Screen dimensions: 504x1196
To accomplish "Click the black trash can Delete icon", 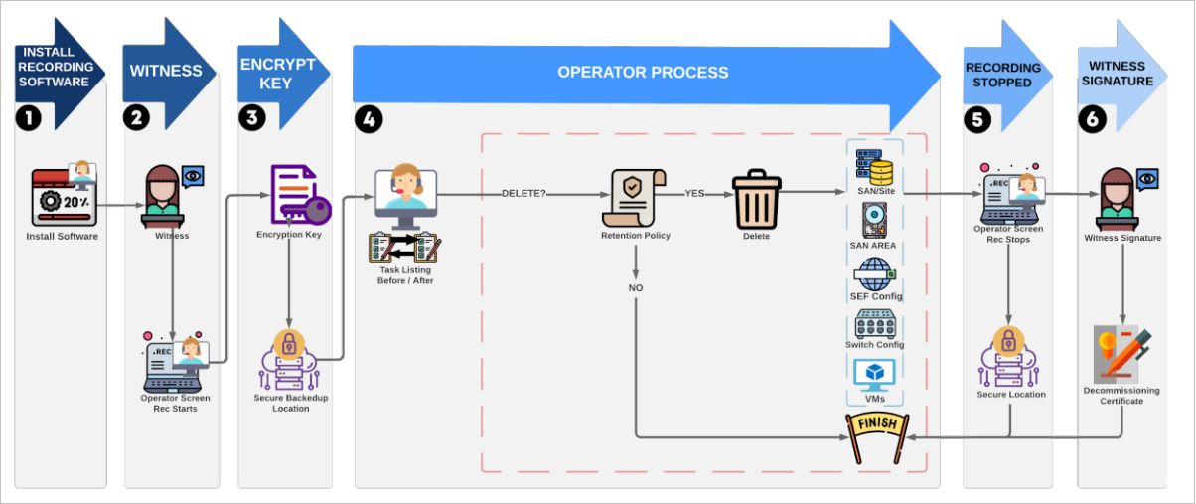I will click(x=757, y=198).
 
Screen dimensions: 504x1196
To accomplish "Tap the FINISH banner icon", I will click(x=875, y=434).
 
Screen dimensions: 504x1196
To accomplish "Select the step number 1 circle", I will click(x=28, y=118).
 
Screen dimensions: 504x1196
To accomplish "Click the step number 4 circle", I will click(x=369, y=119).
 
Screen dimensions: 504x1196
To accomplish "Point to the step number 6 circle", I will click(x=1092, y=119).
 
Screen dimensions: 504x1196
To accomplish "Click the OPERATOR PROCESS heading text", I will click(x=642, y=73).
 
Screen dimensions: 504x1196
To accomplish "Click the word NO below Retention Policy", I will click(x=636, y=287).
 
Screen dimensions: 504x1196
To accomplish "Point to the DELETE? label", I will click(x=523, y=194).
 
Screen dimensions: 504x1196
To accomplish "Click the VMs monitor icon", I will click(x=874, y=374).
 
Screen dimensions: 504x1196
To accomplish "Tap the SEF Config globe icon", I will click(x=874, y=273).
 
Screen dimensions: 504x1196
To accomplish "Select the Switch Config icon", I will click(x=874, y=324).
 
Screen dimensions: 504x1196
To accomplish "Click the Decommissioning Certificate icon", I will click(x=1121, y=354).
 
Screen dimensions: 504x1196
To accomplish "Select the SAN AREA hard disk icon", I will click(x=874, y=220).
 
